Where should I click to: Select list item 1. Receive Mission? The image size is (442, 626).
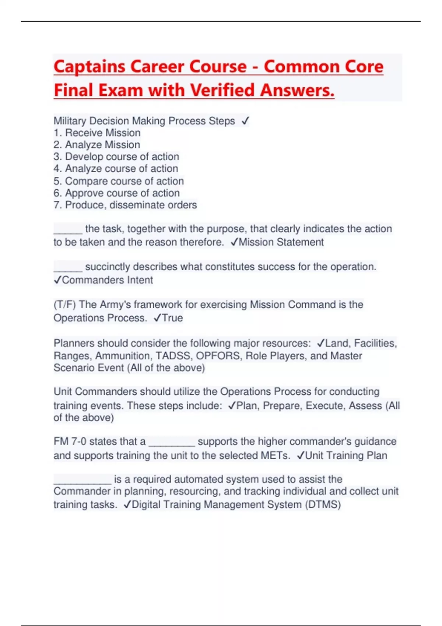click(97, 133)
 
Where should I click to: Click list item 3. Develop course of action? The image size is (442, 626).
click(116, 156)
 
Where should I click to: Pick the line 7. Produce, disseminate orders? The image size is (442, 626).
click(125, 205)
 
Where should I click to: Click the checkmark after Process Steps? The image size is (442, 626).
click(245, 121)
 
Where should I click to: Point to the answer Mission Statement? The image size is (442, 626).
click(281, 242)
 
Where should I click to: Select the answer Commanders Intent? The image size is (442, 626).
click(107, 280)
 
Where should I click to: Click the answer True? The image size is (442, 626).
click(172, 318)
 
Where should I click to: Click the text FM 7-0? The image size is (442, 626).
click(70, 441)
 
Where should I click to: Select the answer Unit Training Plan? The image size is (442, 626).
click(346, 456)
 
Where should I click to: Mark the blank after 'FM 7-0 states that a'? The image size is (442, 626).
click(172, 443)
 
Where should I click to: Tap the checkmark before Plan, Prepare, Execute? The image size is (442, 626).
click(232, 405)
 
